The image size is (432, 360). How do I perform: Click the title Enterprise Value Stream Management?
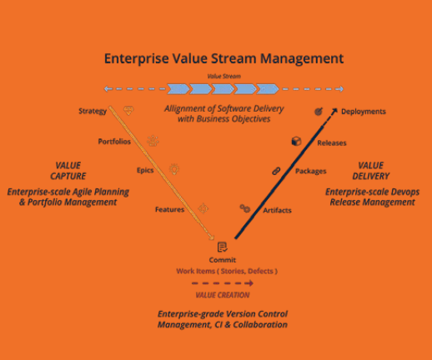tap(224, 59)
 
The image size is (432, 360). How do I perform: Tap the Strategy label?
tap(93, 111)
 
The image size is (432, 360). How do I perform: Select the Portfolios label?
tap(114, 142)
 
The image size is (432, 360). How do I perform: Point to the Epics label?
tap(145, 170)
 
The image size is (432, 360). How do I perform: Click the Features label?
tap(169, 209)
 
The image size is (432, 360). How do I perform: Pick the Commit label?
tap(223, 260)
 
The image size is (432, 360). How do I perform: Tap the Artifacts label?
tap(277, 210)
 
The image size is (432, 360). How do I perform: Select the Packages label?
tap(310, 171)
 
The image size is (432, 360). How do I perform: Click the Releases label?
tap(332, 142)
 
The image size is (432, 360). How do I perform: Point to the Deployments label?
tap(364, 112)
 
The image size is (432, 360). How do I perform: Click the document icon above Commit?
tap(223, 247)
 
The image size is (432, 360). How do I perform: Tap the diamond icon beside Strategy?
tap(128, 111)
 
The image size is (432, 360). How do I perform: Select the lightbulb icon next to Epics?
tap(174, 169)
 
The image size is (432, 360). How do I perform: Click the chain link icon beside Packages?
tap(276, 171)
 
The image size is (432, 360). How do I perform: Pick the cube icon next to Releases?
tap(296, 141)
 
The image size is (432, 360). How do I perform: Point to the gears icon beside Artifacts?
tap(245, 208)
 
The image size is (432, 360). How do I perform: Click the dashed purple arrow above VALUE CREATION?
tap(223, 283)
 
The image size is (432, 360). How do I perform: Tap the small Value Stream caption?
tap(224, 76)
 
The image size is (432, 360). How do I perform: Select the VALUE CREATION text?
tap(223, 295)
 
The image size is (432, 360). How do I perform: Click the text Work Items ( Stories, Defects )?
tap(227, 271)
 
